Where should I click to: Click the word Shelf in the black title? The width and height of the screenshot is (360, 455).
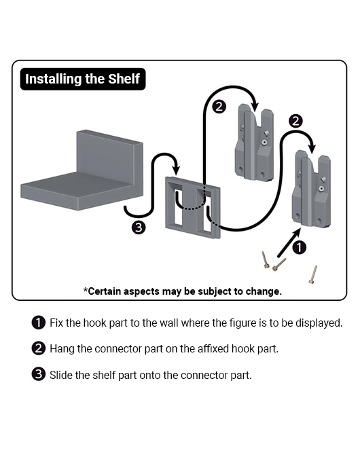(x=124, y=79)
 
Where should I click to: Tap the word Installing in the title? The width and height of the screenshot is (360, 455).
(x=53, y=79)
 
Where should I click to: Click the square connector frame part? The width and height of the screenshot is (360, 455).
(x=192, y=208)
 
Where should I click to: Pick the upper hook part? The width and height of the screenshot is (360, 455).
(x=254, y=142)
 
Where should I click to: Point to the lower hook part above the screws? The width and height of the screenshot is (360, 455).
(x=311, y=189)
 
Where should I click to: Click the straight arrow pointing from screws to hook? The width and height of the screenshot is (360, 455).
(x=289, y=242)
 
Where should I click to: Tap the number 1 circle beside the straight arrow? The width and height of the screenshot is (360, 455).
(x=299, y=247)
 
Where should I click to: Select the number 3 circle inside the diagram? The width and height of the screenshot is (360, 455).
(x=139, y=227)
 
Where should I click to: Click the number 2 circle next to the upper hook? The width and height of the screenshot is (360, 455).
(x=219, y=107)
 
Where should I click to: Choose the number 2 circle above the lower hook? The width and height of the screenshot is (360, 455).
(x=295, y=121)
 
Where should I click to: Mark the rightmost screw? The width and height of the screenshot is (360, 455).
(x=312, y=274)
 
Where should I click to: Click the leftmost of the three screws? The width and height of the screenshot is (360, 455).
(x=266, y=259)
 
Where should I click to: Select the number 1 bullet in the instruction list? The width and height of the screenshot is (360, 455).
(x=38, y=323)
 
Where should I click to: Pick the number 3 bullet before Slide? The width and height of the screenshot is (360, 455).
(x=38, y=375)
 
